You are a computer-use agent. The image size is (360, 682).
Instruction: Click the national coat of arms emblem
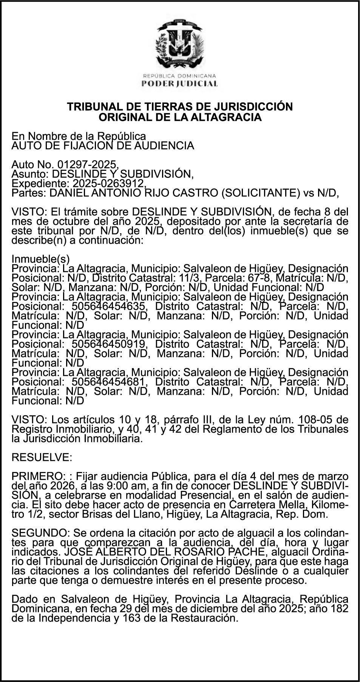click(x=180, y=42)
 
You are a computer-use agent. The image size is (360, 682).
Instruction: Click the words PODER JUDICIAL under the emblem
click(x=180, y=84)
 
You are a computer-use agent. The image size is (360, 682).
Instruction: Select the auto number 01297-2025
click(x=88, y=165)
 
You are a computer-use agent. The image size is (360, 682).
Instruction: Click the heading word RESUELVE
click(x=42, y=458)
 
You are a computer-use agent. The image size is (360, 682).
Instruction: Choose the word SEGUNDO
click(x=40, y=533)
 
